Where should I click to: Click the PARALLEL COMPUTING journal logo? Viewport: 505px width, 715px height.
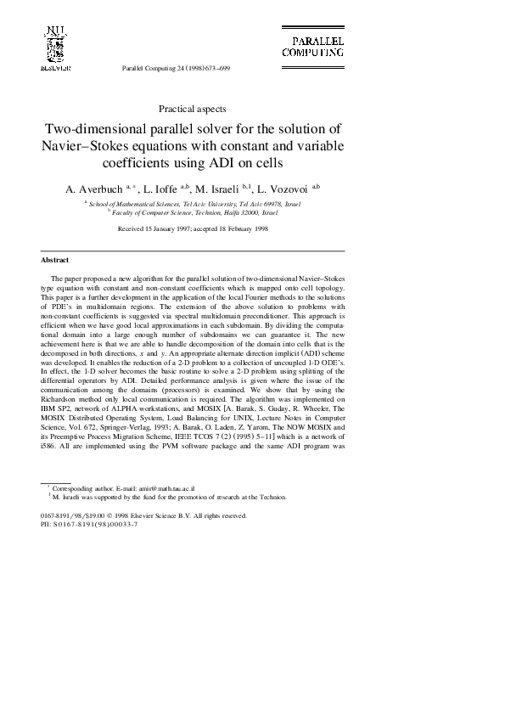pos(312,46)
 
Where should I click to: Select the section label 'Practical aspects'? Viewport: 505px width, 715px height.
pos(193,108)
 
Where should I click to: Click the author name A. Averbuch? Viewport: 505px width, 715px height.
pos(94,188)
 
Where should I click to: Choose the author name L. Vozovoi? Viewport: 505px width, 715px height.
pos(286,188)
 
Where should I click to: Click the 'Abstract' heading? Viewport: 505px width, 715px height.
pos(55,260)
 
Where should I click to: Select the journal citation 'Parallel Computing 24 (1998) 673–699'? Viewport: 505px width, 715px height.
pos(177,67)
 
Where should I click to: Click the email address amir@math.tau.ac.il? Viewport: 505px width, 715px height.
pos(167,489)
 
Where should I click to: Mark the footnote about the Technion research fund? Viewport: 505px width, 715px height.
pos(167,498)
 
